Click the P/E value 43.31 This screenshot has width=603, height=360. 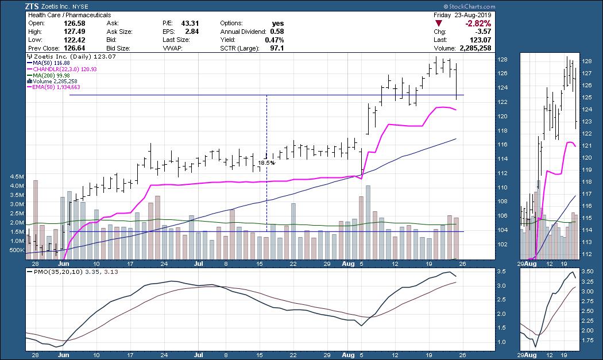point(189,23)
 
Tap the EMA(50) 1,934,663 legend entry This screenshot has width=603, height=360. point(58,87)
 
